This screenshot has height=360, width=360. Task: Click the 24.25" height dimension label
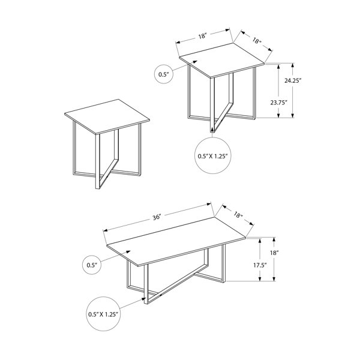293,81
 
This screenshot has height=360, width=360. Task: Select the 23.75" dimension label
279,103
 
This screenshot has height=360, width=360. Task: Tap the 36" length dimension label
157,217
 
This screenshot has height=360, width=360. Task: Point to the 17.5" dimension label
260,265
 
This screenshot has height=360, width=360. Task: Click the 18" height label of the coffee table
274,253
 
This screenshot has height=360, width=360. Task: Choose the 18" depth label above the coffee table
238,215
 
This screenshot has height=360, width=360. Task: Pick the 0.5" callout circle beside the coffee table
92,265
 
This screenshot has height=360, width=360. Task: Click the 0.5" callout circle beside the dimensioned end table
164,74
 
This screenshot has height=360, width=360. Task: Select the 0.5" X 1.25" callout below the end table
212,156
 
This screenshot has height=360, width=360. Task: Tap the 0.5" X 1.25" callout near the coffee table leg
104,314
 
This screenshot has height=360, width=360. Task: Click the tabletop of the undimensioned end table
107,116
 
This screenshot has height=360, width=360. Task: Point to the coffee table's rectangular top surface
176,242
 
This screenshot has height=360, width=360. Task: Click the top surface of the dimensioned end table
222,60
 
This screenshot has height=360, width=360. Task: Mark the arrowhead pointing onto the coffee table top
128,252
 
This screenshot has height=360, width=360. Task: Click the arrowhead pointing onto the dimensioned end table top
194,62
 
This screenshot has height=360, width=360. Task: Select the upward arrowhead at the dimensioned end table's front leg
212,130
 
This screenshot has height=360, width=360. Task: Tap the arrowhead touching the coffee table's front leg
143,299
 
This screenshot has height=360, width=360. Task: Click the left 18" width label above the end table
203,36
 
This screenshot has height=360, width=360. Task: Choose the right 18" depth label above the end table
257,41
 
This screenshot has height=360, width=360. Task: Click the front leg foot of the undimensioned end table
97,187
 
